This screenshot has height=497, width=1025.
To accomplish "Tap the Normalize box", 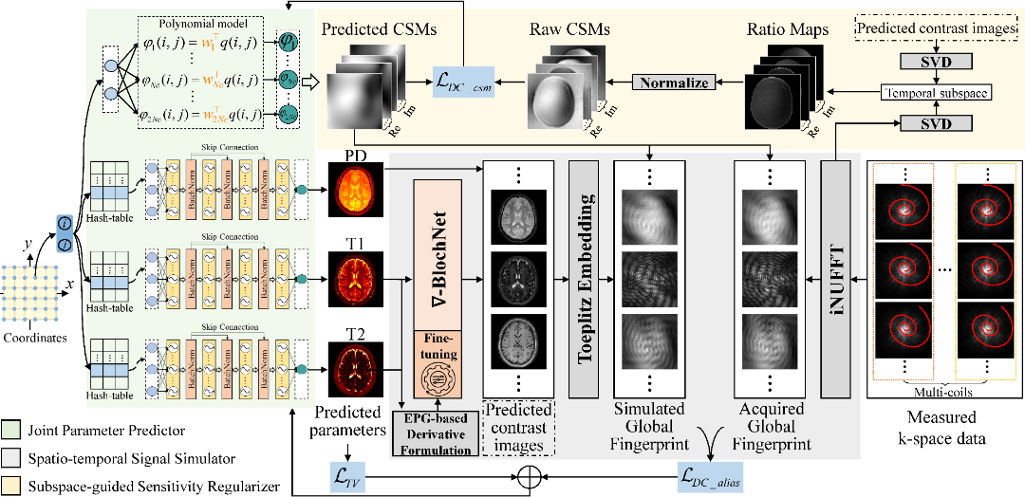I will (674, 83).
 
